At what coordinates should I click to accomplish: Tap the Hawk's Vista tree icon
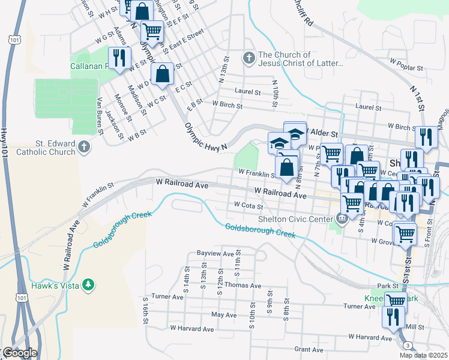[88, 284]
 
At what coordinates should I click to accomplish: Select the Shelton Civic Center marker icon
[342, 218]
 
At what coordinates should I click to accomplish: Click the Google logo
[19, 353]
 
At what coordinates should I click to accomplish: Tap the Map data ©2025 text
[423, 355]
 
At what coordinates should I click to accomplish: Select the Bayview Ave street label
[215, 254]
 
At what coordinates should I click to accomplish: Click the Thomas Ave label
[244, 286]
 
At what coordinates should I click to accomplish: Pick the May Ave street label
[224, 314]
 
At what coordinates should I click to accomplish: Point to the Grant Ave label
[309, 349]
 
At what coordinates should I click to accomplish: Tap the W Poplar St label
[407, 61]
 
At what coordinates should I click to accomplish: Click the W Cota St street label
[249, 206]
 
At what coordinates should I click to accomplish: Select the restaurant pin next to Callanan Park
[119, 58]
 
